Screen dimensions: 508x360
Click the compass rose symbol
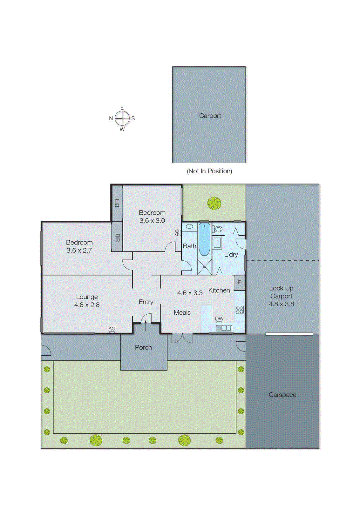122,118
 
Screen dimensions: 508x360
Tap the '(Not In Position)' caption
209,171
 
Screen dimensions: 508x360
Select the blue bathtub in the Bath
204,239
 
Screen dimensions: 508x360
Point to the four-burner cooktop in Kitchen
240,310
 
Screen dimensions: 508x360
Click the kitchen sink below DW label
224,328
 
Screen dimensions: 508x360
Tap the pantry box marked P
240,282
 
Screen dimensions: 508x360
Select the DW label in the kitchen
219,318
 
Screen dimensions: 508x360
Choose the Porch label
143,348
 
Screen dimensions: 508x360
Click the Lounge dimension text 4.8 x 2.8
87,305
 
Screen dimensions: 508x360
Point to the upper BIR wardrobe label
117,203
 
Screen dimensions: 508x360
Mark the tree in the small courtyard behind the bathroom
214,203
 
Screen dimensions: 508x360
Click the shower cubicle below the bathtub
205,267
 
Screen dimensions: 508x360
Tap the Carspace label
282,395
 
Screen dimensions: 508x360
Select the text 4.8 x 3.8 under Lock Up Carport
281,304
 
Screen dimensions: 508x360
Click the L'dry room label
231,255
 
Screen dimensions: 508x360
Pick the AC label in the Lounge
112,329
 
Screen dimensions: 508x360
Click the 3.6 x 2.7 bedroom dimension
79,251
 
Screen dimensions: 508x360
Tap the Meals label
182,313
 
